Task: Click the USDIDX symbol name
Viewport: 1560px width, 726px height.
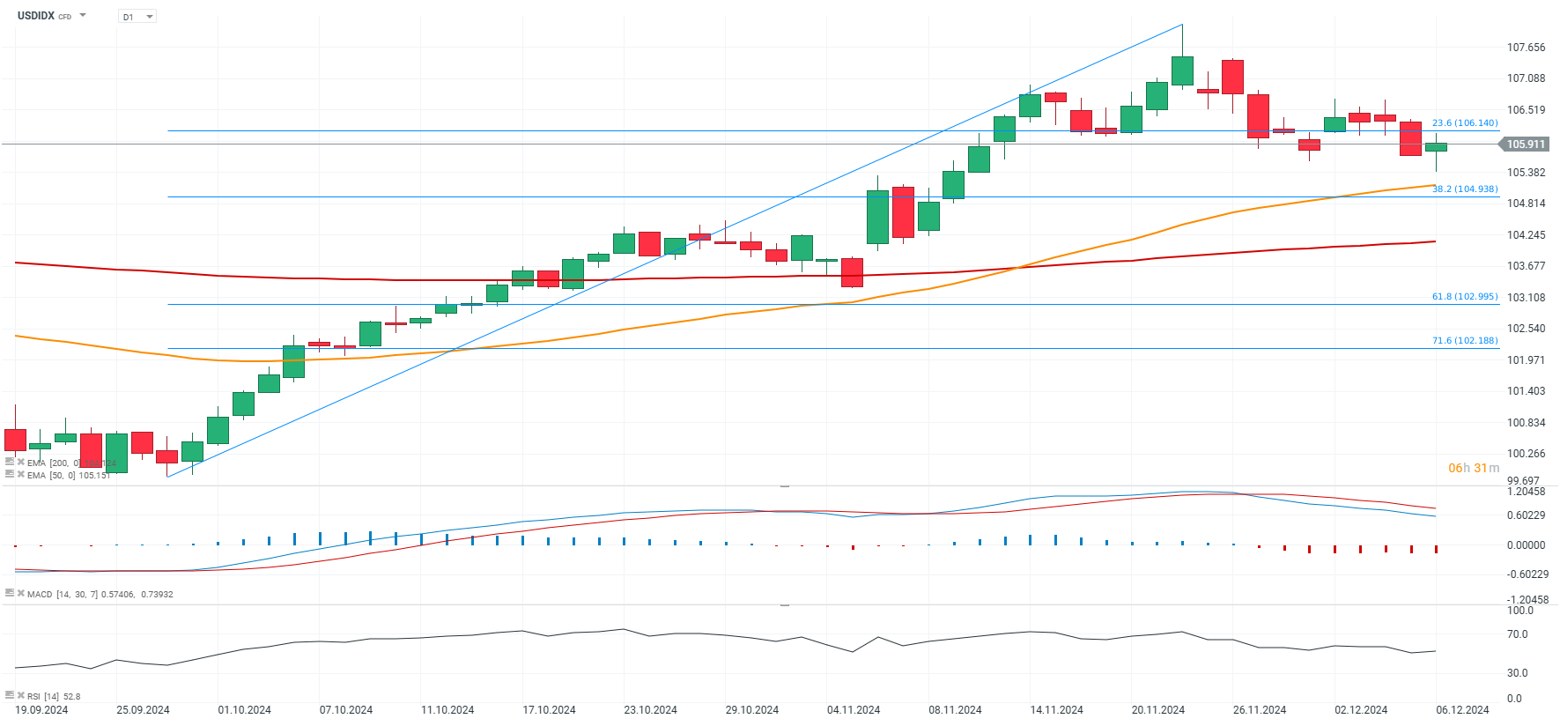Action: point(36,16)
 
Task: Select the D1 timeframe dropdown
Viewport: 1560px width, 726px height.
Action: point(137,17)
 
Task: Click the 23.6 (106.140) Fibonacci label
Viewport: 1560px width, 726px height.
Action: point(1464,123)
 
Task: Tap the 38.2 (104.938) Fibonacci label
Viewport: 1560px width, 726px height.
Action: point(1464,189)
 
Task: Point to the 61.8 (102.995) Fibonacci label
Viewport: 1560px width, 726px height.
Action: point(1464,297)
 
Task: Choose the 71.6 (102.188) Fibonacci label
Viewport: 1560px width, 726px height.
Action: point(1464,341)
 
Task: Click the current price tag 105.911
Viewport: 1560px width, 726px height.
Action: point(1526,144)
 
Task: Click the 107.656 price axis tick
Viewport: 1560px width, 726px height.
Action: point(1526,48)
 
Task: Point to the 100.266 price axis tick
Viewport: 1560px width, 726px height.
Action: point(1526,454)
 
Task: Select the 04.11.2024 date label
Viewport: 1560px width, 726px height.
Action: point(854,710)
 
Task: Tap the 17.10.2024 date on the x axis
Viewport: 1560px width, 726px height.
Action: point(549,710)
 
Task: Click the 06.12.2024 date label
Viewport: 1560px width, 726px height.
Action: point(1462,710)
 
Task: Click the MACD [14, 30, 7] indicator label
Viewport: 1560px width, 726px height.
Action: point(100,595)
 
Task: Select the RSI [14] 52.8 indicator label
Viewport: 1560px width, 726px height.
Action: point(54,697)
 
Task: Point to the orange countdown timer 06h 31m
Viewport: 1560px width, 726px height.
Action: point(1473,468)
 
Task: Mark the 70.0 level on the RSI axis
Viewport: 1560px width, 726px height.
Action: point(1517,634)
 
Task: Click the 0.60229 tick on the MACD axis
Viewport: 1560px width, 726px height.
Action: point(1526,515)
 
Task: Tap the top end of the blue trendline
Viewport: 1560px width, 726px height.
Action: point(1182,25)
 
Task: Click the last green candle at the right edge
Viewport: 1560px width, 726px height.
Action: point(1436,147)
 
